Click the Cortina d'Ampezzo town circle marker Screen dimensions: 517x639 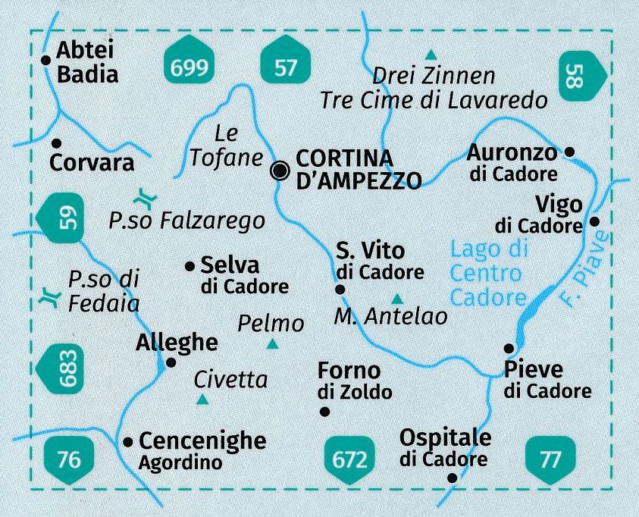coord(280,171)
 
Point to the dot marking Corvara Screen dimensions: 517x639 coord(56,142)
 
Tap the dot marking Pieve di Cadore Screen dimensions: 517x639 coord(509,348)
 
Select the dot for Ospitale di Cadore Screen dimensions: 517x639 coord(453,478)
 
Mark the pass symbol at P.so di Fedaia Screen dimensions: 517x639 coord(49,298)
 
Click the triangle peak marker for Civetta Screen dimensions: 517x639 coord(202,399)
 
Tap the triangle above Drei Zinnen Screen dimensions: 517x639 coord(431,54)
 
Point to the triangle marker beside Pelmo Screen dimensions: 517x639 coord(272,345)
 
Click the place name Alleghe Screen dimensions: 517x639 coord(176,343)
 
